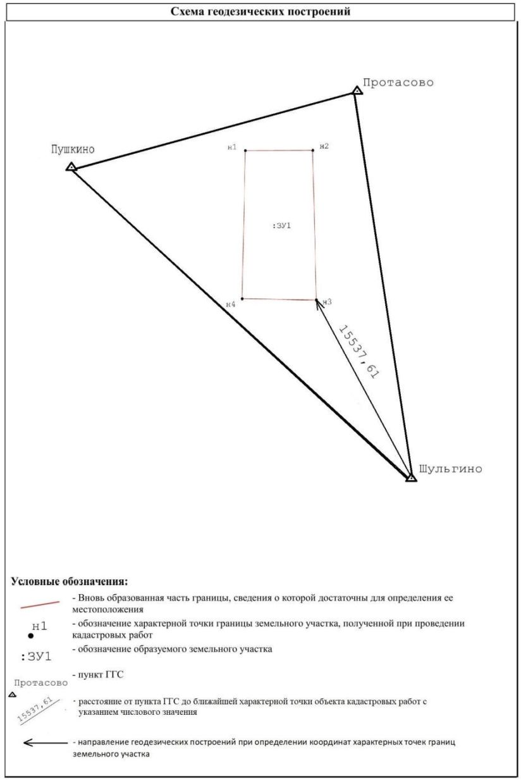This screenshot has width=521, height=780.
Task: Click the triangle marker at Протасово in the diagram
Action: point(357,91)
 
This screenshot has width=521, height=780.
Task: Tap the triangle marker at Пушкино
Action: point(71,167)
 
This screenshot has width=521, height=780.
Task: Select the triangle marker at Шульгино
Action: point(412,478)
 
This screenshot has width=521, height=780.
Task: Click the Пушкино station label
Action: point(73,150)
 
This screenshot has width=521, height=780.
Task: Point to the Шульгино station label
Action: point(450,469)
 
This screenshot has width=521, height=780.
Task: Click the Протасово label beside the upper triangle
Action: point(398,83)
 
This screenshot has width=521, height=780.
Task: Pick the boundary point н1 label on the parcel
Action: point(232,147)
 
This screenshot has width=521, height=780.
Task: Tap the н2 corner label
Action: point(324,146)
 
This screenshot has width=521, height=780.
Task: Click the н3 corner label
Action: point(327,302)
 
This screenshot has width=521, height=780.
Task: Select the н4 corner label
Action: point(231,304)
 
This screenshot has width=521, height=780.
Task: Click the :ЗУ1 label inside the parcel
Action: point(281,226)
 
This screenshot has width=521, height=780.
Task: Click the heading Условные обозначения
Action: point(70,582)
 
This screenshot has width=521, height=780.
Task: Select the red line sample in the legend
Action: point(40,605)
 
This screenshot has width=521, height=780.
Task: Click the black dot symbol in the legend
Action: point(31,636)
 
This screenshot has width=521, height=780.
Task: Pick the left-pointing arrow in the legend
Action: point(46,743)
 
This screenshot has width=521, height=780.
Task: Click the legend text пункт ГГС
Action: point(101,675)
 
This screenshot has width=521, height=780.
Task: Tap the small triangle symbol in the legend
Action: point(12,695)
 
